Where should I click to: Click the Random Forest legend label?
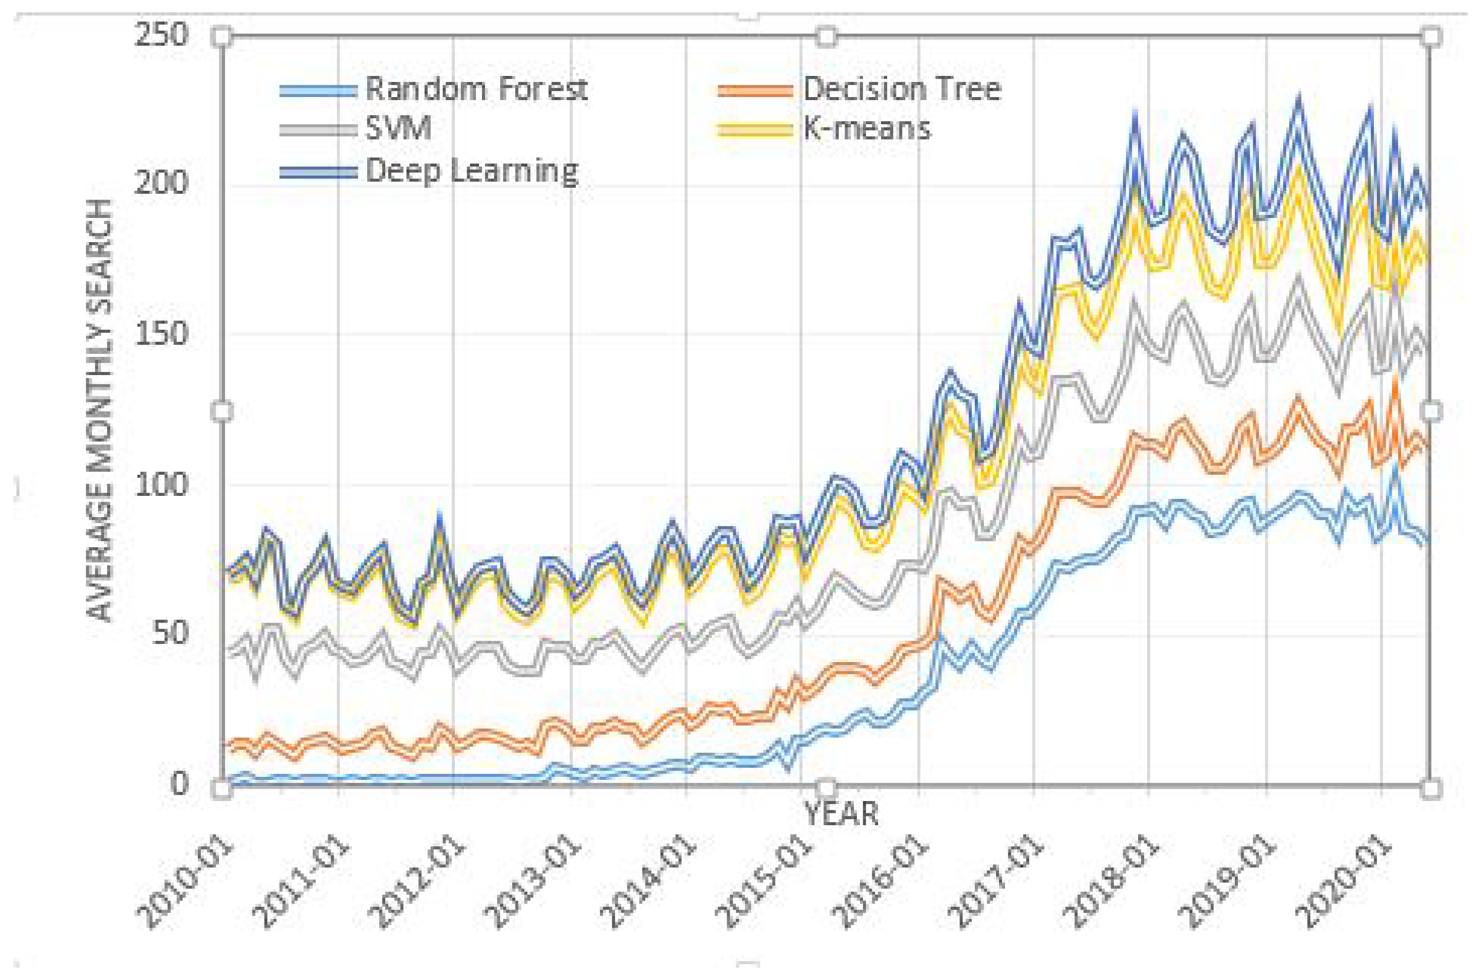pos(476,89)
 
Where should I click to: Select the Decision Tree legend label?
pos(901,89)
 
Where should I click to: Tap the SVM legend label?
pos(398,129)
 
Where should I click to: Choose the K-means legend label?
pos(866,129)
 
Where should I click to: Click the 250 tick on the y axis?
pos(160,35)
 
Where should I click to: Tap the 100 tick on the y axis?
pos(160,484)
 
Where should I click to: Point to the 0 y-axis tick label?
pos(179,783)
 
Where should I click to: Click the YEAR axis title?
pos(841,813)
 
